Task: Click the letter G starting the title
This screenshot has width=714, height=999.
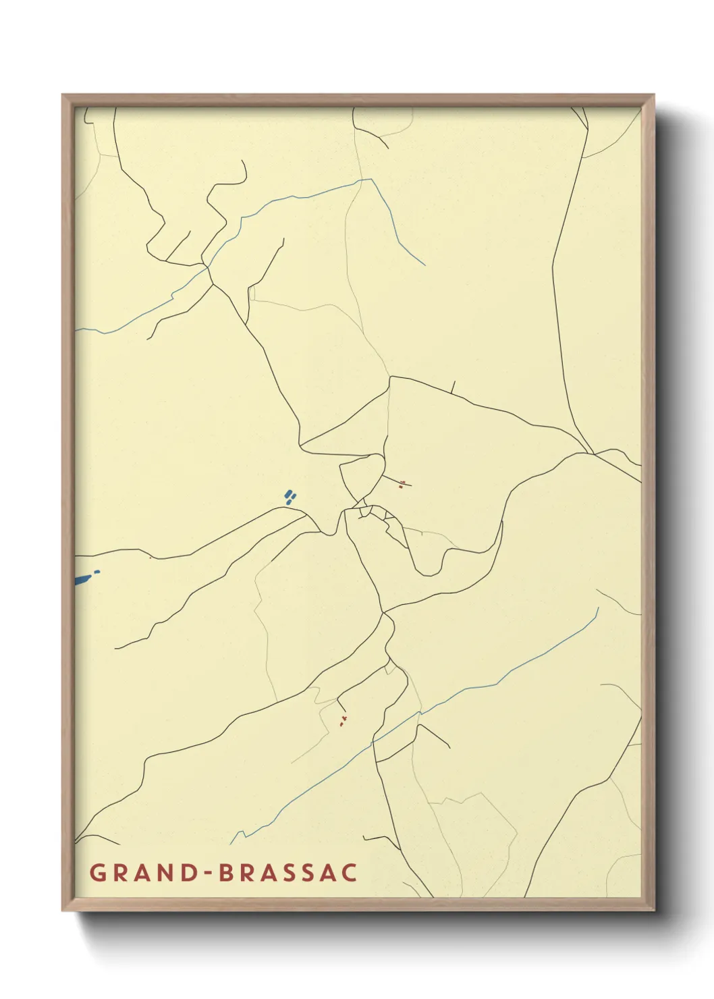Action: [x=97, y=872]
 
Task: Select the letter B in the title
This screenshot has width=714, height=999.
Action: [x=227, y=872]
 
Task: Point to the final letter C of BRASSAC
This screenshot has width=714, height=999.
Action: [x=349, y=872]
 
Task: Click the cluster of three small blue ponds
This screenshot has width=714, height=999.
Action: [x=290, y=497]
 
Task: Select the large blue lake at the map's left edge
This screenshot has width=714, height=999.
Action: [x=82, y=580]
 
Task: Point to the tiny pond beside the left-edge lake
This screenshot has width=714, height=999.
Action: [x=97, y=572]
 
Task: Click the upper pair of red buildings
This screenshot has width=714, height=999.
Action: [x=402, y=483]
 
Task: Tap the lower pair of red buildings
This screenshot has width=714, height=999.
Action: [x=343, y=722]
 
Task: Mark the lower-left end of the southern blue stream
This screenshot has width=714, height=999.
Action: [x=231, y=844]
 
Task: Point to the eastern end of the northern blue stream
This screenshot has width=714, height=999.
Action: [x=424, y=265]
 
